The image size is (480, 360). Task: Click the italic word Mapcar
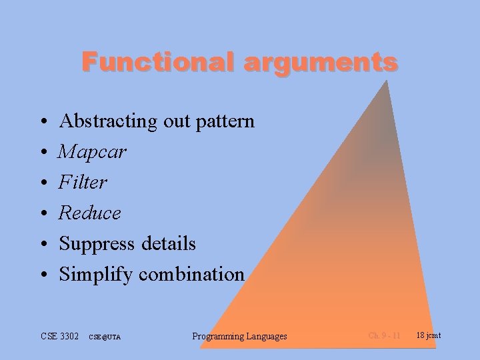coord(92,152)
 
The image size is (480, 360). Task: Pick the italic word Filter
coord(83,182)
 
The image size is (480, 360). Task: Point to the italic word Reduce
coord(90,213)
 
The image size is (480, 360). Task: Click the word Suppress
coord(97,244)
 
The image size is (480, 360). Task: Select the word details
coord(169,244)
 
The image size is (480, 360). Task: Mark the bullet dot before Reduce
coord(43,214)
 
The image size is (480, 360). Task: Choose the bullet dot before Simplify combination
coord(43,275)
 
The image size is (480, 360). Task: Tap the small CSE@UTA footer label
coord(105,337)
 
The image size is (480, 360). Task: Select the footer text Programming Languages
coord(239,336)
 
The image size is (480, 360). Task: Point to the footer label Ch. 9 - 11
coord(385,335)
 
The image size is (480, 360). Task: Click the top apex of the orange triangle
coord(387,81)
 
